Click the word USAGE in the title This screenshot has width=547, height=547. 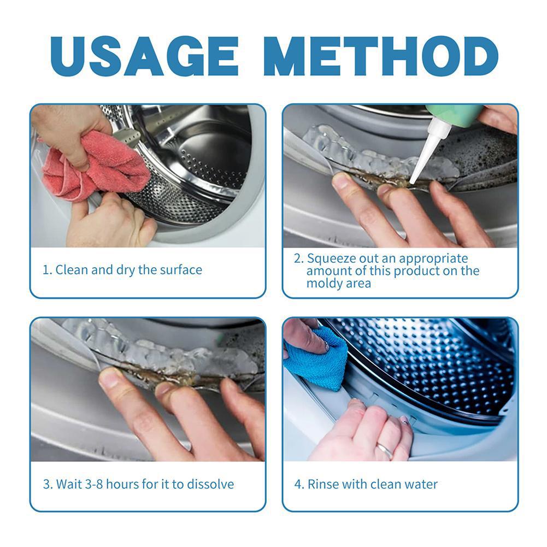point(144,56)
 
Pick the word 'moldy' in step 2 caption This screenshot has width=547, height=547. point(324,283)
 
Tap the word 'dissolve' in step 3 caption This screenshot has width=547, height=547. point(210,484)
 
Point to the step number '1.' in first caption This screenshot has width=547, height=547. point(48,270)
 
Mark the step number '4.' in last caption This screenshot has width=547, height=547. point(299,485)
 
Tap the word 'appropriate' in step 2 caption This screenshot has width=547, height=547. point(433,259)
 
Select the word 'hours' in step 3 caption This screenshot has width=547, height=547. point(122,484)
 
